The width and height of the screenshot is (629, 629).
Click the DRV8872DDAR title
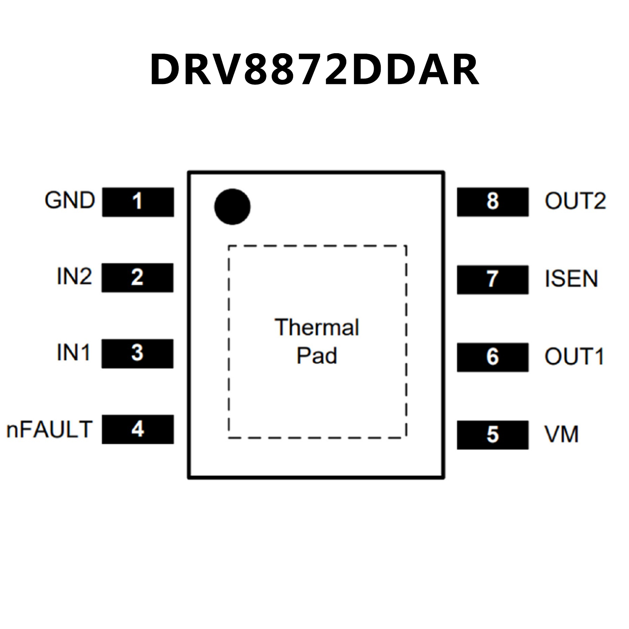pos(314,70)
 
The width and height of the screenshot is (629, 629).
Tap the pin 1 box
pos(138,202)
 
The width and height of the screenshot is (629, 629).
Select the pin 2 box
pos(137,278)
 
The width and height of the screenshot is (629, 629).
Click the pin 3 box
pos(137,354)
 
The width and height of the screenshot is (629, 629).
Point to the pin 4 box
pos(138,429)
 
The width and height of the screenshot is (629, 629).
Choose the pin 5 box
pos(493,434)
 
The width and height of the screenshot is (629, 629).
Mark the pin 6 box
pos(493,357)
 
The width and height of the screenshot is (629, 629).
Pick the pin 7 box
pos(493,279)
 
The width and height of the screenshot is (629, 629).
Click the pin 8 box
pos(493,202)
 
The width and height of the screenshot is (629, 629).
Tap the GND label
pos(70,201)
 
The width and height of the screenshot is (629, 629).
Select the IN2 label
pos(74,277)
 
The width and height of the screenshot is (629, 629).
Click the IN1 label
pos(73,352)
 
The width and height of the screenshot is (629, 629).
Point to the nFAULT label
pos(49,429)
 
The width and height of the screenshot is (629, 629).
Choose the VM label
pos(561,434)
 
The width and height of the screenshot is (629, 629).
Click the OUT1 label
pos(574,357)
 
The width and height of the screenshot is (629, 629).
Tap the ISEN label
pos(571,279)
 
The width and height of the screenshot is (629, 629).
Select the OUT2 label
pos(575,201)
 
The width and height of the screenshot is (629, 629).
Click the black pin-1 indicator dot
pos(232,207)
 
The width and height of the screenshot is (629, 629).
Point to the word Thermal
pos(317,327)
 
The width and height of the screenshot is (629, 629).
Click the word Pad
pos(317,356)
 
